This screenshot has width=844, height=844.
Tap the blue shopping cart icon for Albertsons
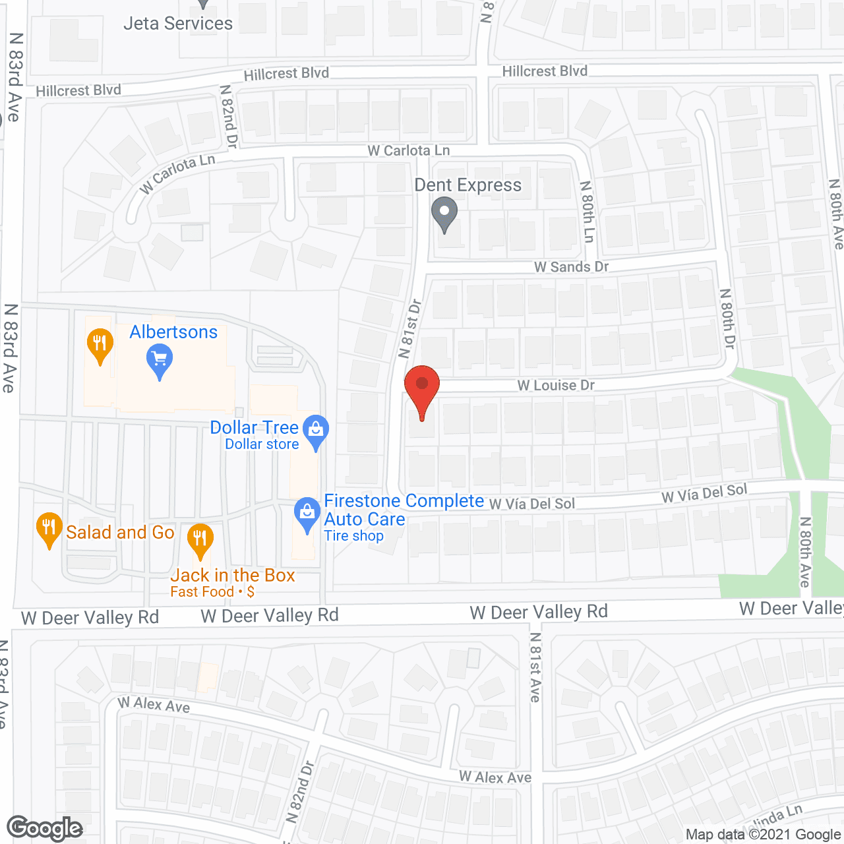click(x=159, y=359)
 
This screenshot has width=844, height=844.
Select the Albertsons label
click(x=173, y=332)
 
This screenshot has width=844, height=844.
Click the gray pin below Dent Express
click(x=444, y=213)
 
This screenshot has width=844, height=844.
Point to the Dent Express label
click(x=467, y=185)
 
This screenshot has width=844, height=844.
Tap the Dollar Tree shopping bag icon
click(x=316, y=429)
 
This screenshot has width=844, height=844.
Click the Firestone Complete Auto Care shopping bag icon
click(x=307, y=514)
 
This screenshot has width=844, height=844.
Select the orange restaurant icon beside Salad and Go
click(x=49, y=528)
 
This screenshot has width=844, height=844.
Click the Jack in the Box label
click(x=232, y=576)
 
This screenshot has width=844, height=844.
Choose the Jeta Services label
click(x=178, y=24)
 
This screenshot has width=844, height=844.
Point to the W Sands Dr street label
click(x=571, y=267)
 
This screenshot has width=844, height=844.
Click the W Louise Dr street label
click(x=556, y=385)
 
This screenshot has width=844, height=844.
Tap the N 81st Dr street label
click(x=409, y=329)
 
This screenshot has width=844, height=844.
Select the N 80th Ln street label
click(x=587, y=212)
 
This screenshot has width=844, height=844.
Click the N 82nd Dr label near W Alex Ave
click(x=300, y=791)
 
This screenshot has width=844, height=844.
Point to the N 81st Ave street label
click(x=535, y=667)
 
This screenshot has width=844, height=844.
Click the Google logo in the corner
click(x=44, y=828)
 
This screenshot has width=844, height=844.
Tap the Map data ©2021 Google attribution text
click(x=763, y=835)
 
